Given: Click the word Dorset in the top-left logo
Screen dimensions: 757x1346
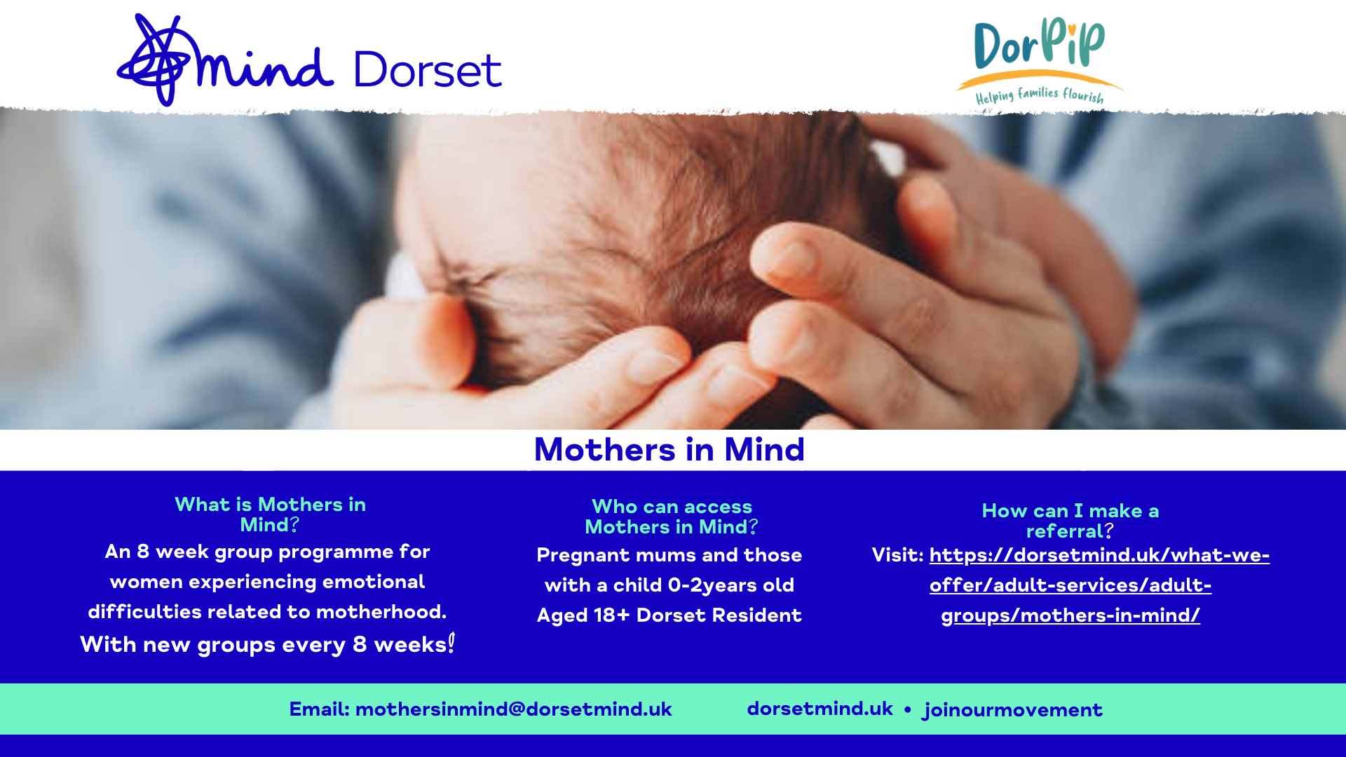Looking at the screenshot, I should (427, 70).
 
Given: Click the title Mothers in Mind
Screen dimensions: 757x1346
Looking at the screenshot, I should (669, 450).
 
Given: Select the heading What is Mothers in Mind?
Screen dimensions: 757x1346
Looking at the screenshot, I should (270, 514).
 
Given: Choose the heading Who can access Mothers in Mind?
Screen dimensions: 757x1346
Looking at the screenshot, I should (672, 517).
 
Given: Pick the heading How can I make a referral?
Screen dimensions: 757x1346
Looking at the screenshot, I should (1070, 521).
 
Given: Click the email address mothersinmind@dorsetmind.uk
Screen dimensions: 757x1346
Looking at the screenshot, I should (513, 709).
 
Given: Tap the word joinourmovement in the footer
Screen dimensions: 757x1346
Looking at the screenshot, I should (1013, 710).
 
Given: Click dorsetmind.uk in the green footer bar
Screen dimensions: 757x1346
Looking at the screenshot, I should (820, 709).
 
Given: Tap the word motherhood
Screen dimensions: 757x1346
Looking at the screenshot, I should (381, 612).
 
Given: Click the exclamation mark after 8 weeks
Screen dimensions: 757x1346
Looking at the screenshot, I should (451, 643).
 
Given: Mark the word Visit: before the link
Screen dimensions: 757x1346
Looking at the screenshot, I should (897, 555).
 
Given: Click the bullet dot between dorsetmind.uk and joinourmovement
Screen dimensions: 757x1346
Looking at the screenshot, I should (907, 710).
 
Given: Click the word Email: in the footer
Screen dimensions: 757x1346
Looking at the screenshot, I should (319, 709).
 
